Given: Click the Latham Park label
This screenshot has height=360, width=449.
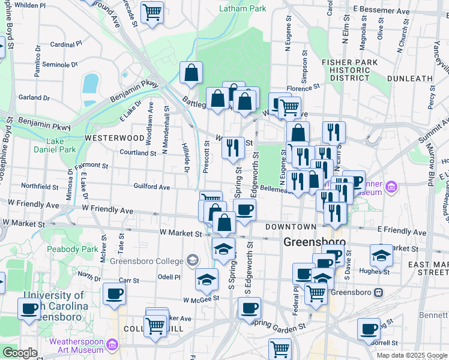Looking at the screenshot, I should [x=243, y=9].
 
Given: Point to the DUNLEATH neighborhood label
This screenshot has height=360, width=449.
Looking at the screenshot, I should [x=410, y=79].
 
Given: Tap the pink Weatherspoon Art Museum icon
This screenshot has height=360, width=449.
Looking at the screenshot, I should [x=111, y=344].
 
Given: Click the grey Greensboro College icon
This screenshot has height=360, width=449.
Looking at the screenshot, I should [x=191, y=260].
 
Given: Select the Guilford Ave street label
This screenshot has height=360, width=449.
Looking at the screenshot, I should [x=152, y=187].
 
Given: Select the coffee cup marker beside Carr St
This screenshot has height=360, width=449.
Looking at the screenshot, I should [x=114, y=293].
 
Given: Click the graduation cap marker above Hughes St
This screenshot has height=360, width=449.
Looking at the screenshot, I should [x=381, y=255].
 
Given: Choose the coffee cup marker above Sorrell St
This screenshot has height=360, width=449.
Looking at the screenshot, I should [x=369, y=328].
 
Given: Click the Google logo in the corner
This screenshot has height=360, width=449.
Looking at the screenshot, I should [x=20, y=353].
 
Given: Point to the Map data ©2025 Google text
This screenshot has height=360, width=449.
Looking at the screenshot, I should [x=412, y=355].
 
